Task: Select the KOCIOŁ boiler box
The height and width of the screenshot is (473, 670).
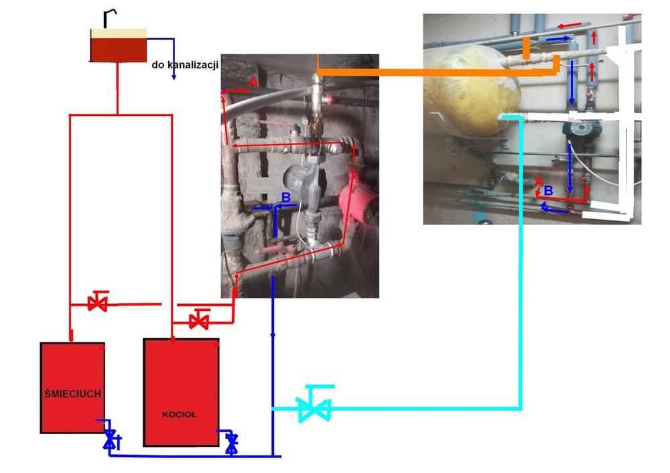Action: [182, 392]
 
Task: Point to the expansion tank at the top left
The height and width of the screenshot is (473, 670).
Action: [118, 46]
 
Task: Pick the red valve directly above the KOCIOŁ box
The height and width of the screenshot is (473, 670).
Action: [198, 320]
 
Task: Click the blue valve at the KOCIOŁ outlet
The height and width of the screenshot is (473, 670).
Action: [232, 442]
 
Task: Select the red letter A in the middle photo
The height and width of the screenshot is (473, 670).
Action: [253, 81]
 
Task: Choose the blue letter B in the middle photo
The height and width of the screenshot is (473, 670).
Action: [285, 198]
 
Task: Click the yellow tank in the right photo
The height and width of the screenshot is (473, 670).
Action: [471, 94]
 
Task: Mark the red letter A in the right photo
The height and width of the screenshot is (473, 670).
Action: [539, 181]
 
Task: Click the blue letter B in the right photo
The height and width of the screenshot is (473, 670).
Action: [548, 190]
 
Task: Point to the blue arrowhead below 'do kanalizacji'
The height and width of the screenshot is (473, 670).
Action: [173, 77]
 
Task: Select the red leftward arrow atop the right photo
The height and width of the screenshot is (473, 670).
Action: [567, 25]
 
